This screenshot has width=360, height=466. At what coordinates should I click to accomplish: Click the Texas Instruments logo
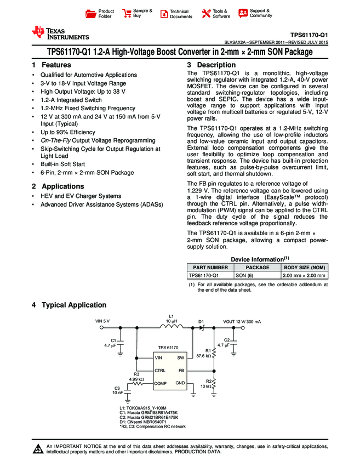click(60, 33)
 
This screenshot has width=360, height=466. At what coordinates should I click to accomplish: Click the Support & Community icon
click(243, 13)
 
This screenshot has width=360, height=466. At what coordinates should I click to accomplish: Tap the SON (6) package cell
click(244, 275)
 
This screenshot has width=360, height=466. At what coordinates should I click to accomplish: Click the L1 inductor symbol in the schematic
click(172, 327)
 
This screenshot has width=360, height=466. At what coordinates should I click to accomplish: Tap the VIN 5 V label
click(103, 321)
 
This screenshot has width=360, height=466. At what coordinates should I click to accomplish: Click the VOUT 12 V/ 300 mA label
click(242, 321)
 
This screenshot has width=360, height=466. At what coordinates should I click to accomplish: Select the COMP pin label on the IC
click(159, 383)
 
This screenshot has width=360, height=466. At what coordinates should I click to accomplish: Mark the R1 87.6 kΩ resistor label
click(204, 353)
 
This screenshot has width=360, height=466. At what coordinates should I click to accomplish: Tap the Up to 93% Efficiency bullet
click(67, 132)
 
